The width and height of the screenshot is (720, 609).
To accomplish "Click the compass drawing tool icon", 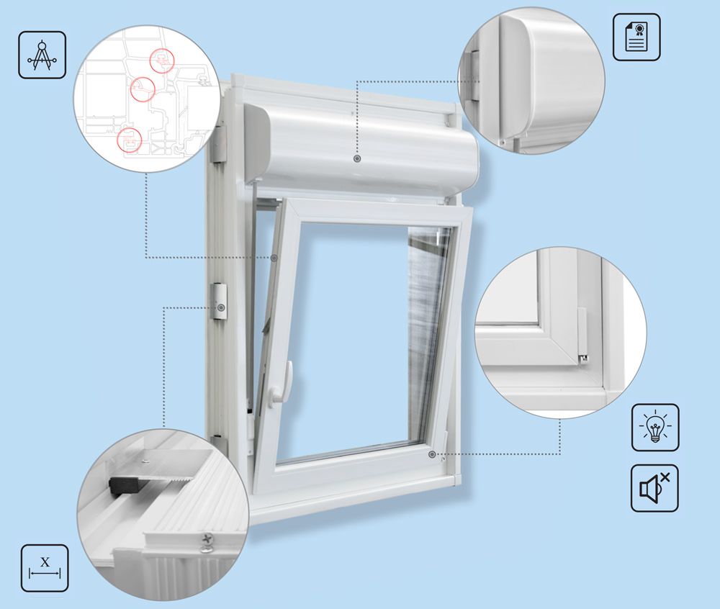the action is coord(42,55).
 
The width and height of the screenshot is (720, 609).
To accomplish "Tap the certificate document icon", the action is coord(636,37).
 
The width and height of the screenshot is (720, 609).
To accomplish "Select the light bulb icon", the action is coord(655,428).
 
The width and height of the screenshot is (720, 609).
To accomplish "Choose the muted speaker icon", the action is coord(654,488).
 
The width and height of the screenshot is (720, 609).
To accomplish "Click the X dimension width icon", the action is coord(45,568).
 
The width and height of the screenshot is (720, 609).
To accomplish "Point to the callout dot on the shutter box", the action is coord(357,158).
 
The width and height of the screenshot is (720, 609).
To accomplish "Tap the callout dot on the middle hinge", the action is coord(222,307).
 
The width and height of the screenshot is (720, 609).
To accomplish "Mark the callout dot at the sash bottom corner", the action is coord(432,454).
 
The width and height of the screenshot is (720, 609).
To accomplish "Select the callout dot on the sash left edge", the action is coord(274,258).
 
